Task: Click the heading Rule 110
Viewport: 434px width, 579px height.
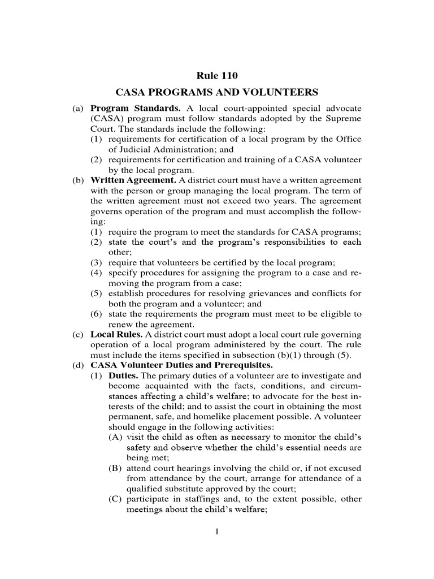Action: tap(217, 75)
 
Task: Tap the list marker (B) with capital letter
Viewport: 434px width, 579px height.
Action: tap(116, 469)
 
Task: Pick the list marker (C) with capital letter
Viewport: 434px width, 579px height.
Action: tap(116, 499)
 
